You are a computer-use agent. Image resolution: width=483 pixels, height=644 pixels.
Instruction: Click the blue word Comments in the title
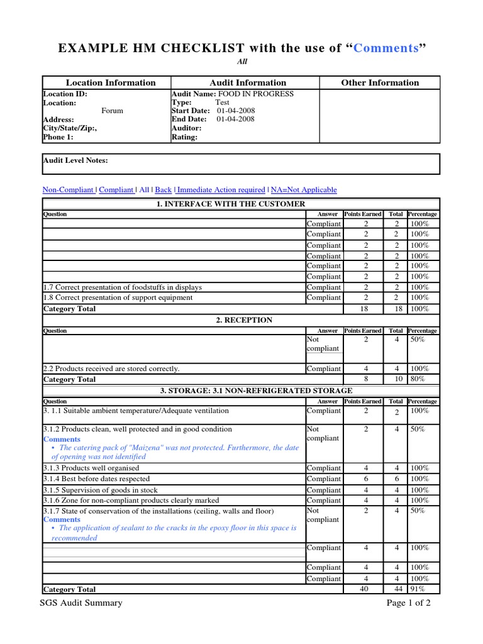(x=386, y=48)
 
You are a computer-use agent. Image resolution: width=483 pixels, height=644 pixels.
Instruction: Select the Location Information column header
(x=111, y=83)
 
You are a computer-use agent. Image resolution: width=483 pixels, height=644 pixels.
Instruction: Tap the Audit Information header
(x=247, y=83)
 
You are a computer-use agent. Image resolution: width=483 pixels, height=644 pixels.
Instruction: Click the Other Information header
(x=380, y=83)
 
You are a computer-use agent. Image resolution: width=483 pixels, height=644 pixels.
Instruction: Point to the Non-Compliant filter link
(x=67, y=190)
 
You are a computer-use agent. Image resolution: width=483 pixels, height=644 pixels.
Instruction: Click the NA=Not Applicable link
(x=304, y=190)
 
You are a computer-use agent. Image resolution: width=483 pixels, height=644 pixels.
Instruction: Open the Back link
(x=164, y=190)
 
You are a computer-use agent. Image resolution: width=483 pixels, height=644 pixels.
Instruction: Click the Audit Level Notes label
(x=75, y=160)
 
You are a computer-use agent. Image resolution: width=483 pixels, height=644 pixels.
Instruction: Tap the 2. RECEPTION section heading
(x=244, y=320)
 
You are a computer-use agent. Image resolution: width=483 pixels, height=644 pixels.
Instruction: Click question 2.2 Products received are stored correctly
(x=111, y=369)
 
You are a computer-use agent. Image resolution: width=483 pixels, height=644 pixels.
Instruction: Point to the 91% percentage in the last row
(x=417, y=589)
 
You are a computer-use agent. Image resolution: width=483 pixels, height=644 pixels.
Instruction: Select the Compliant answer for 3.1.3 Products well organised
(x=324, y=468)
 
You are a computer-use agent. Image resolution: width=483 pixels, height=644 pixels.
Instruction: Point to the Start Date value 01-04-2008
(x=236, y=111)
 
